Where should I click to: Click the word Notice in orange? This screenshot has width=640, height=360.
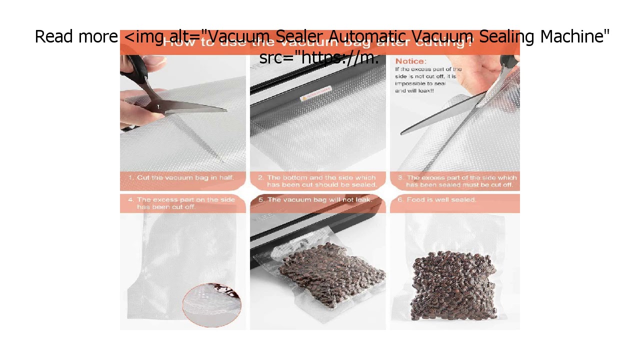click(x=410, y=61)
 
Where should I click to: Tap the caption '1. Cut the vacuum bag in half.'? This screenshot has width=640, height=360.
click(x=181, y=177)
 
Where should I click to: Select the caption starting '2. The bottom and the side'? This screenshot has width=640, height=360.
click(x=317, y=181)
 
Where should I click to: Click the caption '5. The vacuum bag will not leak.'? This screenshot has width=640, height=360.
click(x=315, y=199)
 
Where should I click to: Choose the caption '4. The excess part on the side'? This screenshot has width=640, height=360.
click(x=181, y=203)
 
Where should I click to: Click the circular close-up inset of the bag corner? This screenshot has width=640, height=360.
click(x=211, y=304)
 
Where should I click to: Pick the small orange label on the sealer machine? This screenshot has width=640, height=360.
click(x=316, y=93)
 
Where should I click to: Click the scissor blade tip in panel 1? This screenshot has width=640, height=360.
click(x=225, y=109)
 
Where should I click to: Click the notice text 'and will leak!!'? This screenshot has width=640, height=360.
click(x=414, y=91)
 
